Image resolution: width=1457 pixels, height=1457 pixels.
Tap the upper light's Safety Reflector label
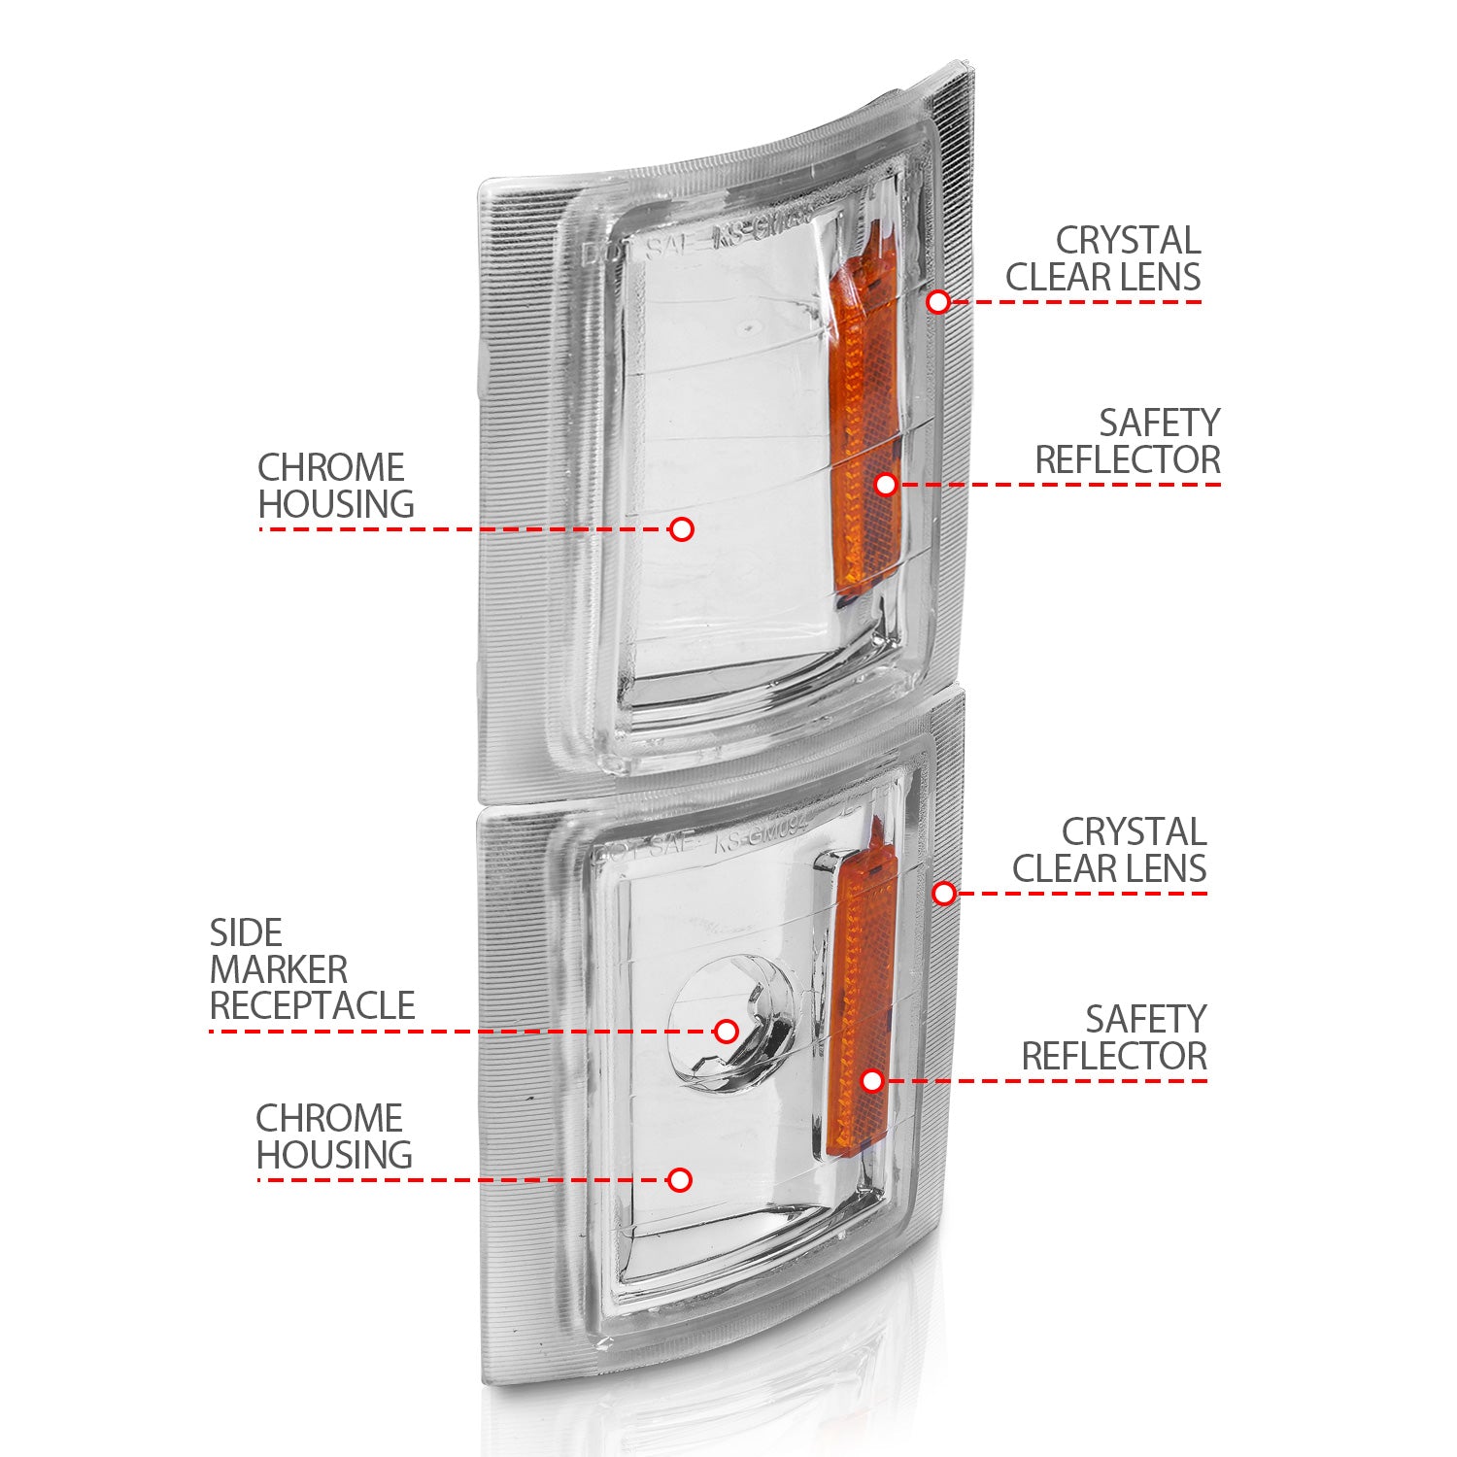click(x=1127, y=441)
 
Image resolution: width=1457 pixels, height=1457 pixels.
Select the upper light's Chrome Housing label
click(x=336, y=486)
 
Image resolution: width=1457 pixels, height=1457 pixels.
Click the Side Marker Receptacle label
click(x=312, y=969)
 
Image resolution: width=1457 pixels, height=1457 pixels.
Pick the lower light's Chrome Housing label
click(x=334, y=1136)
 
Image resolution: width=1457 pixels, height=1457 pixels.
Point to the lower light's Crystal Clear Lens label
click(x=1109, y=850)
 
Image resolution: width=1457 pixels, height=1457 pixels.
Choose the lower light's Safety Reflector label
click(x=1114, y=1037)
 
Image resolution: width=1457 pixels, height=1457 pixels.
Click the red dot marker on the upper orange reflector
click(x=885, y=484)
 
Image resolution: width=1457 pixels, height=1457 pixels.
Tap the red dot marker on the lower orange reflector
click(x=872, y=1080)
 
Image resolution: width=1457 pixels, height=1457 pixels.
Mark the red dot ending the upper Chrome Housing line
click(x=682, y=529)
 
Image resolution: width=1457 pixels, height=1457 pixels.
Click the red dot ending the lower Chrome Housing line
click(x=680, y=1180)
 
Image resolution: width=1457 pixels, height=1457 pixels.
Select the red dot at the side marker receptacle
click(x=726, y=1031)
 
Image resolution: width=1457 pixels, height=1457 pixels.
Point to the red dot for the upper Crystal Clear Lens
click(x=937, y=301)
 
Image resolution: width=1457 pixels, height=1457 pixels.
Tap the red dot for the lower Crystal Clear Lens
click(x=943, y=893)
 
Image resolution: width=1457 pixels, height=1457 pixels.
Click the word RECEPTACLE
click(x=312, y=1006)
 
